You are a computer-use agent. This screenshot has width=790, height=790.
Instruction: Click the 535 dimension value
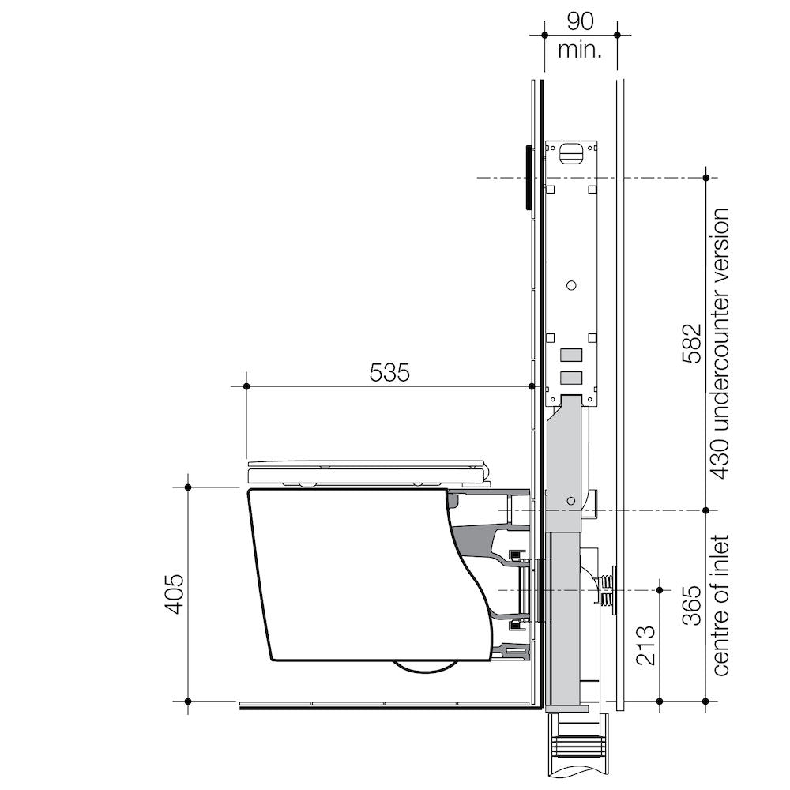(390, 372)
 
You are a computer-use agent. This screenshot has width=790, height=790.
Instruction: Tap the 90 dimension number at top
(580, 21)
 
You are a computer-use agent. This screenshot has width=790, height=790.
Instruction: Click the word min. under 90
(580, 51)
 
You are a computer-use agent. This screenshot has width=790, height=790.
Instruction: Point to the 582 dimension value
(690, 343)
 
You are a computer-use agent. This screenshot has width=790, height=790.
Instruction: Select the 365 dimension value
(690, 605)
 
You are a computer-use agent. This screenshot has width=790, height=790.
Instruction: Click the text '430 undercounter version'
(720, 344)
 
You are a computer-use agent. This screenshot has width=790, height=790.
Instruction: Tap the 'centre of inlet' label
(720, 605)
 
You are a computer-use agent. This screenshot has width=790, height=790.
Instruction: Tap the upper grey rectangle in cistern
(571, 356)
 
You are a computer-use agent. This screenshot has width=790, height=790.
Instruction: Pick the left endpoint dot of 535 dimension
(246, 386)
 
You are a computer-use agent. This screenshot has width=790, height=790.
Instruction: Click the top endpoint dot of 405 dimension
(188, 487)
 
